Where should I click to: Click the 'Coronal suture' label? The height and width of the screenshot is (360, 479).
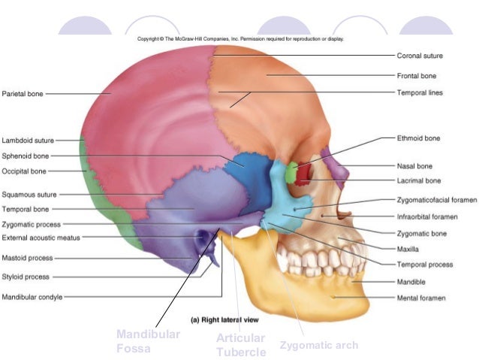(419, 56)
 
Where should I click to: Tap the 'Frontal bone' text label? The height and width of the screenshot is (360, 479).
(416, 76)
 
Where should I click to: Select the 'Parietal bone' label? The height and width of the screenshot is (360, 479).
(23, 94)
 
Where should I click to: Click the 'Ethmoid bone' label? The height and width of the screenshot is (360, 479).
(418, 138)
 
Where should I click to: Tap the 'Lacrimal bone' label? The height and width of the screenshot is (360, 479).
(418, 180)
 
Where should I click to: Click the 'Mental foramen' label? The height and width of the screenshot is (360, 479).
(420, 298)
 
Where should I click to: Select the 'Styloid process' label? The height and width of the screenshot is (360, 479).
(26, 277)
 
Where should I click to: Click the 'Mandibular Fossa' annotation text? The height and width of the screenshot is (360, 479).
(148, 341)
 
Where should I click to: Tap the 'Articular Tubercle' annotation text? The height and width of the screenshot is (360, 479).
(241, 345)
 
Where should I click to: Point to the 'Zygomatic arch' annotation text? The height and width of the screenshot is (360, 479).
(318, 346)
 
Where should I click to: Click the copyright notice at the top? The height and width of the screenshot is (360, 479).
(240, 39)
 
